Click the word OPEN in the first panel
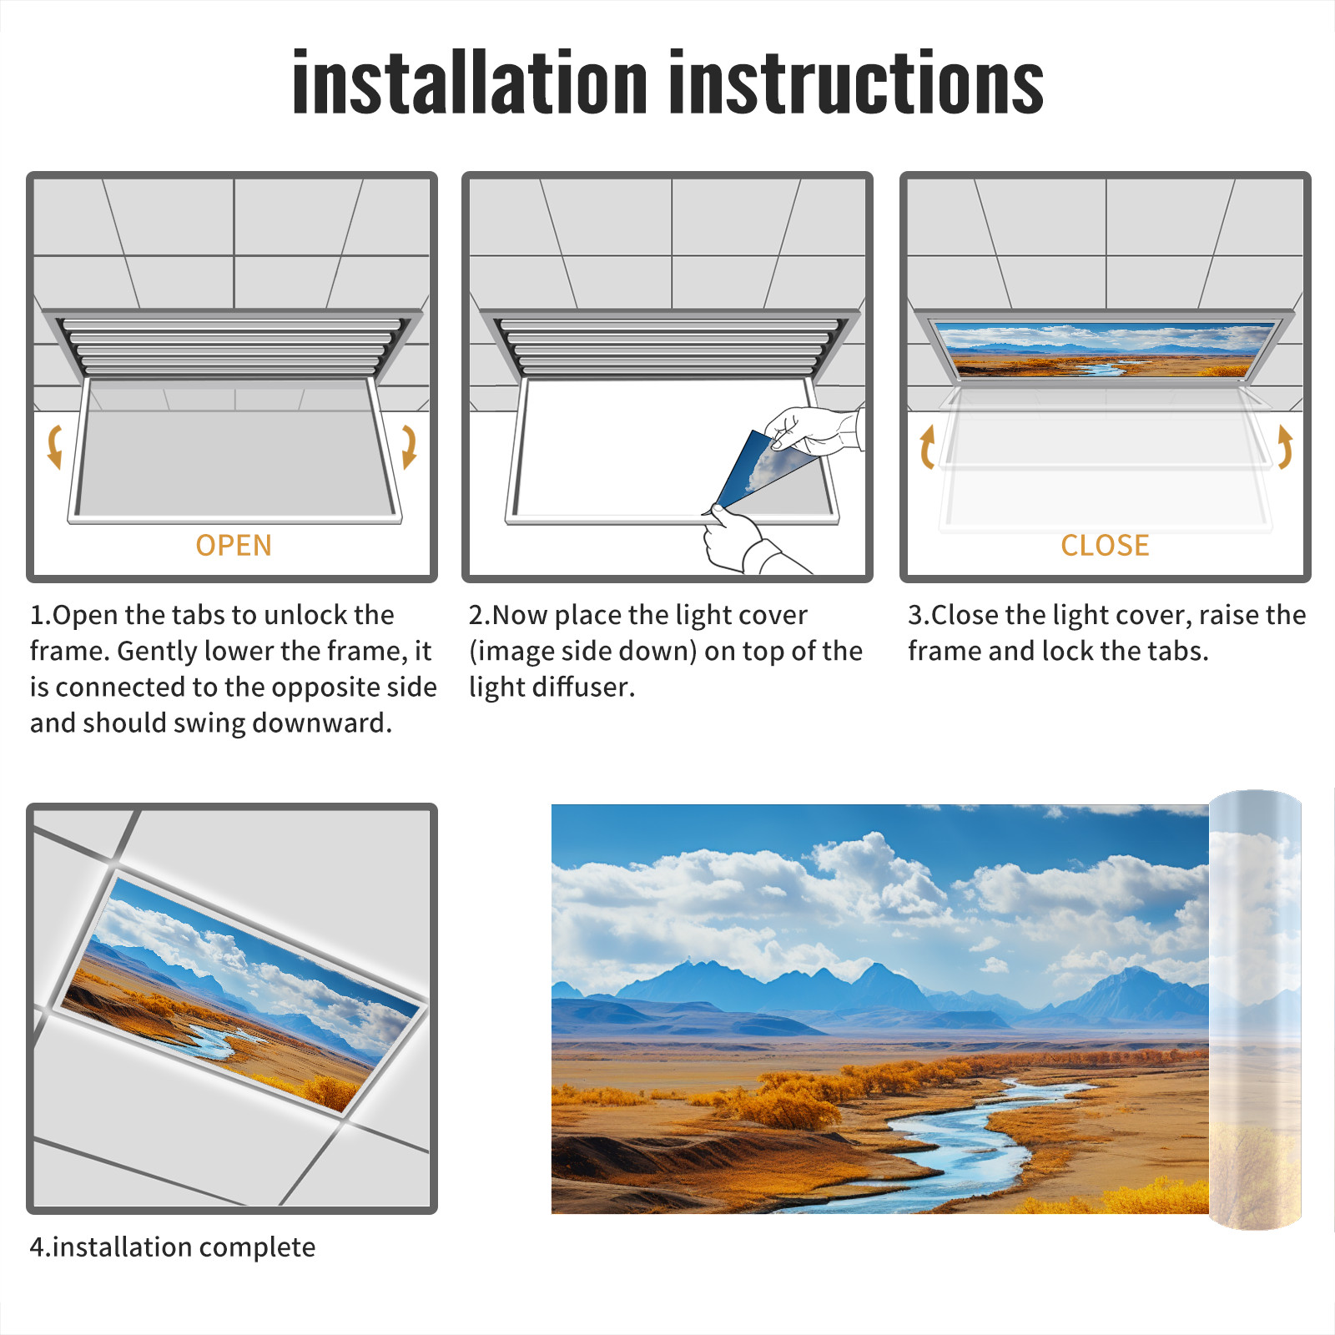234,545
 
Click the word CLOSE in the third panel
1105,545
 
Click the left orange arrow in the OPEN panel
54,446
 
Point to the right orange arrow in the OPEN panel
409,446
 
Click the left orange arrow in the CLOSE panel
927,446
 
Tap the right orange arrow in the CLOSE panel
1285,446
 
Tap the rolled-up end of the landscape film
1255,1010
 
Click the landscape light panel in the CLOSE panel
1105,349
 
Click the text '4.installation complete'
173,1247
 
